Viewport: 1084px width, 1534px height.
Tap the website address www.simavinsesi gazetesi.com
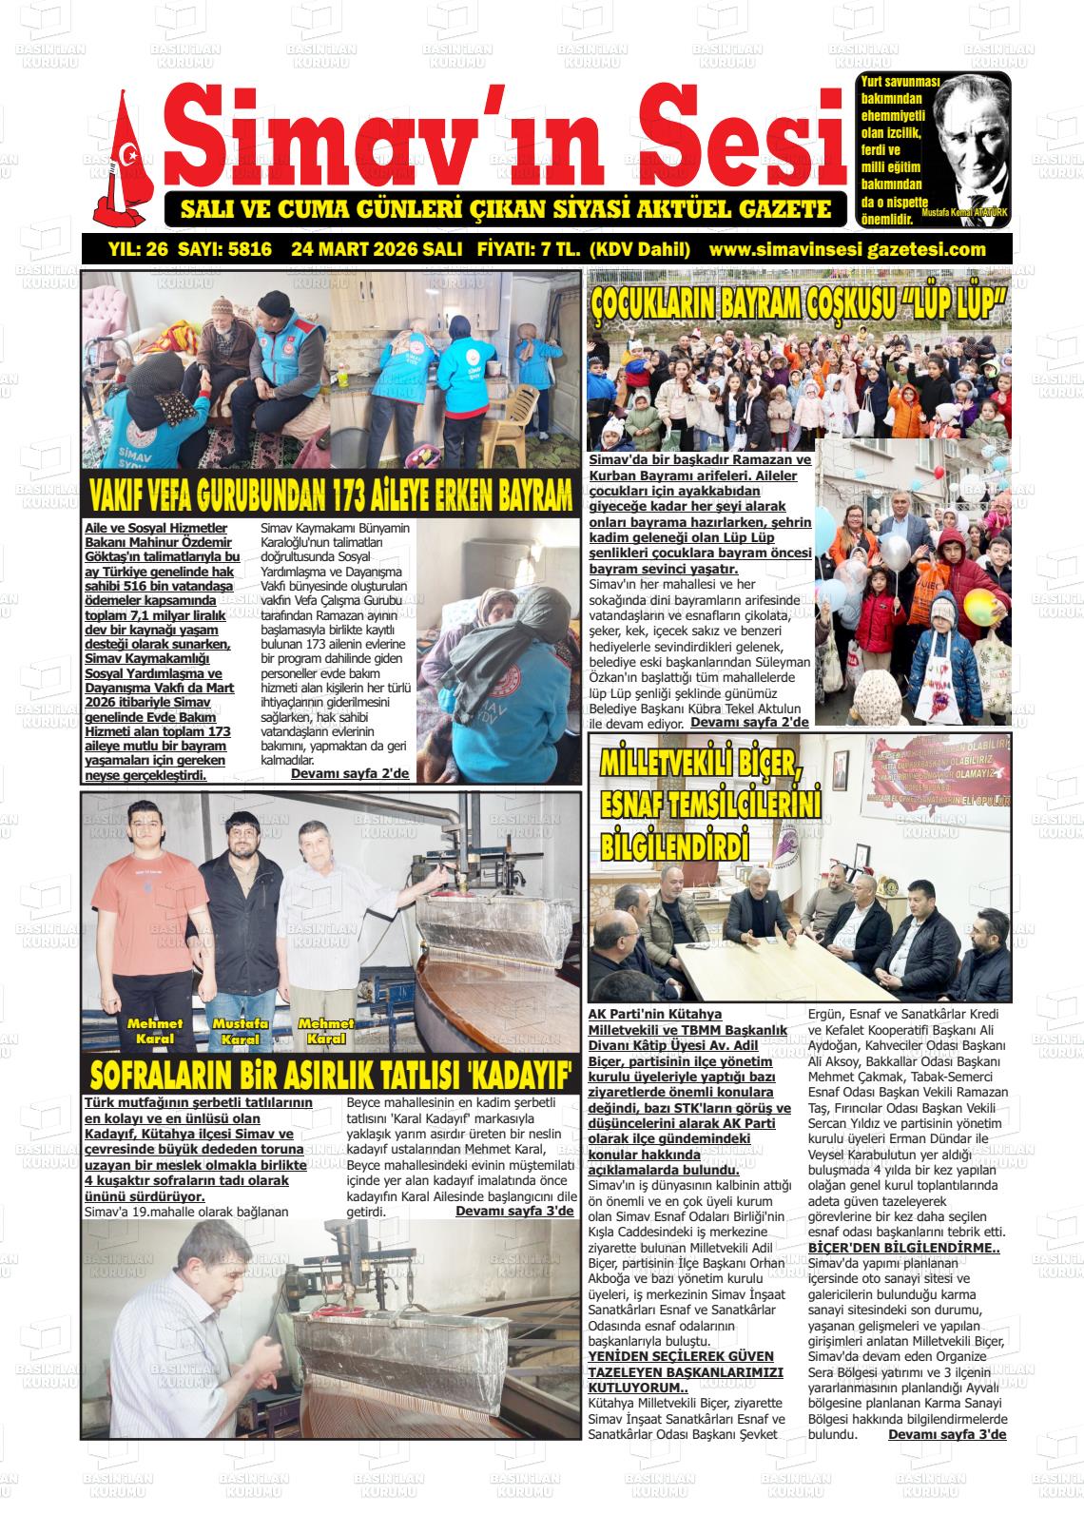847,250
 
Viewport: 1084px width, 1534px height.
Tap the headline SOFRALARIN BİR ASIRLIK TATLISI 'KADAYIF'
330,1075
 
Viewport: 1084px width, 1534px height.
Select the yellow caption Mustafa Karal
240,1031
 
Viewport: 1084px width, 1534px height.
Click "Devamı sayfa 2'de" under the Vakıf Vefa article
349,773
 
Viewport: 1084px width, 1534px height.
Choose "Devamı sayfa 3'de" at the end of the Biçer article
946,1434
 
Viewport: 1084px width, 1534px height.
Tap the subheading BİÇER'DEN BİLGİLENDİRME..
902,1248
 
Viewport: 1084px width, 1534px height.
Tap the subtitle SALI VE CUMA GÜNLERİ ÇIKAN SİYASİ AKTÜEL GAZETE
505,209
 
